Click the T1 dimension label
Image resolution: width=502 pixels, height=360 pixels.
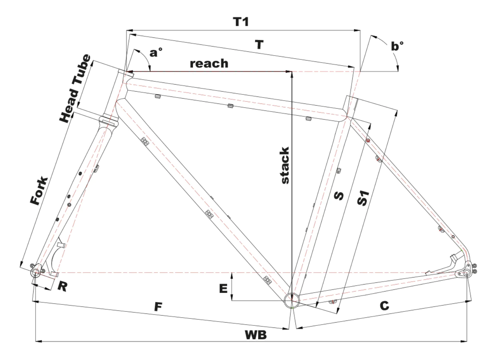(x=241, y=22)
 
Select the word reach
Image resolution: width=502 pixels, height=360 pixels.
(x=209, y=63)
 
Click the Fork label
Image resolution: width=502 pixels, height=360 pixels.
(x=39, y=191)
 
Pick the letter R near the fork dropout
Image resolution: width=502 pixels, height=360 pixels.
(x=62, y=286)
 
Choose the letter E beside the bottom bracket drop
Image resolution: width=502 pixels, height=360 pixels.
(x=223, y=288)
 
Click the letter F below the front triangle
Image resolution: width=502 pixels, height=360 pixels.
(x=158, y=307)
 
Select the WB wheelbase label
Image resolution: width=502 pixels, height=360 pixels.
(x=256, y=335)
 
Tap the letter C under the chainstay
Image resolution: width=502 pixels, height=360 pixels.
(x=384, y=306)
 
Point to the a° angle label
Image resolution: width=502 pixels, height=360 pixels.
(x=156, y=53)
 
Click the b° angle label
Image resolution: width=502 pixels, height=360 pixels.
(x=397, y=46)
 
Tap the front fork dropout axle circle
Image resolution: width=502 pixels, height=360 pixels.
(x=35, y=272)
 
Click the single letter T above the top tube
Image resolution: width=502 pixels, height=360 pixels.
(x=259, y=45)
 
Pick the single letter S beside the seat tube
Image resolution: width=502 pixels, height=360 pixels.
(x=338, y=195)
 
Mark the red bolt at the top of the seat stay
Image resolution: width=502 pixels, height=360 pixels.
(x=368, y=140)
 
